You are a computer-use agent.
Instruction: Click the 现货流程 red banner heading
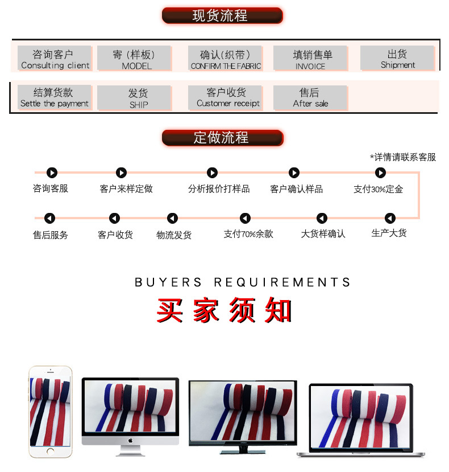(x=222, y=15)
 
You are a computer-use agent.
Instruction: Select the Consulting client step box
(x=54, y=59)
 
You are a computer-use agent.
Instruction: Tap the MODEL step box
(x=134, y=59)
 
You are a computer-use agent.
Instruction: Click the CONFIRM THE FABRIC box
(x=225, y=59)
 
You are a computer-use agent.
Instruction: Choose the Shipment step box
(x=397, y=59)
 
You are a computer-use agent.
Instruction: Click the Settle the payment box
(x=54, y=97)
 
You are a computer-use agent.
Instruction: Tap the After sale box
(x=310, y=97)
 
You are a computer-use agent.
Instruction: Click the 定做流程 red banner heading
(x=222, y=138)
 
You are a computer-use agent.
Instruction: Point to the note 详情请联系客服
(x=403, y=157)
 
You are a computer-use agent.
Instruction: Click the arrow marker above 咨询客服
(x=52, y=173)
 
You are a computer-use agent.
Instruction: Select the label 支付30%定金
(x=378, y=189)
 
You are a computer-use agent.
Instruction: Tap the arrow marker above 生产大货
(x=390, y=218)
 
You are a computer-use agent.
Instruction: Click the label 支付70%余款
(x=248, y=234)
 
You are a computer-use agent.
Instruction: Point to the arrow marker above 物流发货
(x=173, y=218)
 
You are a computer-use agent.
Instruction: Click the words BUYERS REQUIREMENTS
(x=243, y=282)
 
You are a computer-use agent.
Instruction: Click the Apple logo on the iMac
(x=130, y=440)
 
